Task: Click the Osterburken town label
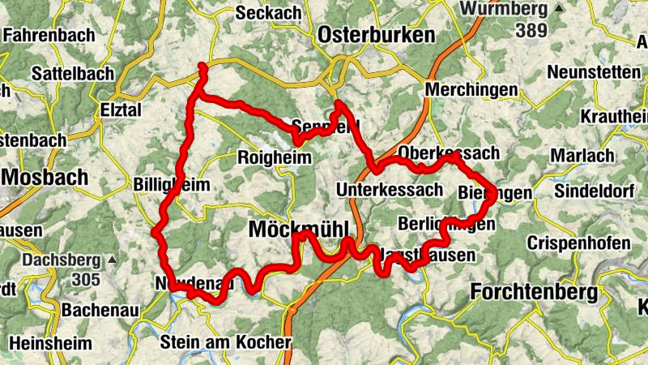(x=377, y=36)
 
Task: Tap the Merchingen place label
(x=471, y=88)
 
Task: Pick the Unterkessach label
(x=390, y=190)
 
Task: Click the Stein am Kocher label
(x=226, y=341)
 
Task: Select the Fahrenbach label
(x=49, y=36)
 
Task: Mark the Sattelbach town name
(x=73, y=73)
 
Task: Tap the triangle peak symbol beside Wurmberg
(x=559, y=10)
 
